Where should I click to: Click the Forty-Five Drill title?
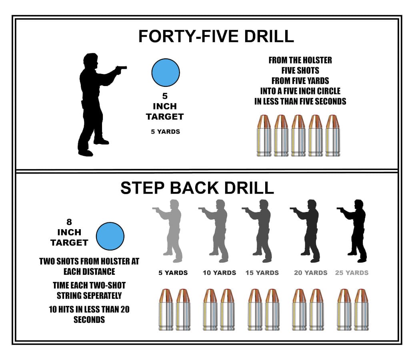click(x=216, y=36)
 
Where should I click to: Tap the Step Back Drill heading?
click(x=197, y=188)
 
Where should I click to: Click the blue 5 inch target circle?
click(x=166, y=72)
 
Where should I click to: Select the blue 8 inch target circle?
click(x=110, y=236)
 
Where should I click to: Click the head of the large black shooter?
click(x=91, y=61)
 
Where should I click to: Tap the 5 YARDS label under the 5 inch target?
click(x=165, y=132)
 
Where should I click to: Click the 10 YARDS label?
click(x=220, y=273)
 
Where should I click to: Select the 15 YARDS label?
click(x=262, y=273)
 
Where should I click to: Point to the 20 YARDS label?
click(x=311, y=273)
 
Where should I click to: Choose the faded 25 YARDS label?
click(x=352, y=273)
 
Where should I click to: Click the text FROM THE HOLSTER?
click(x=300, y=60)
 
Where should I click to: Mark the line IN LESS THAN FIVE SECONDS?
click(x=300, y=101)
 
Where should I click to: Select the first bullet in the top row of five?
click(x=264, y=136)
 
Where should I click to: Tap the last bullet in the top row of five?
click(x=333, y=136)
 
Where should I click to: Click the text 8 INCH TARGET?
click(x=69, y=232)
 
